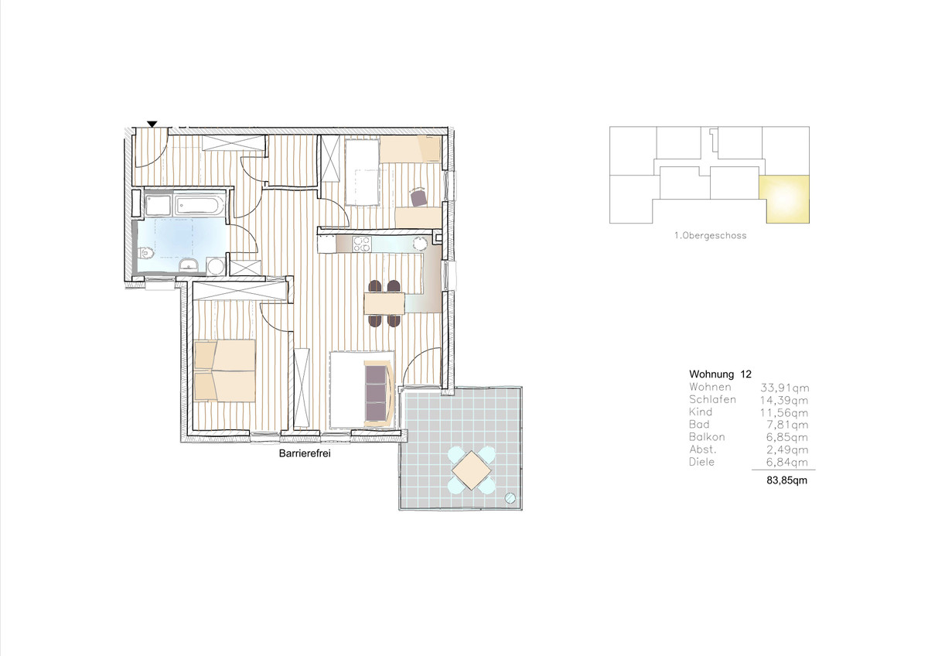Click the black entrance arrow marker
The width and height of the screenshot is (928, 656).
point(152,124)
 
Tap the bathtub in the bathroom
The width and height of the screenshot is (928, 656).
point(200,205)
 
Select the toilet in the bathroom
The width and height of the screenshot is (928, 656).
point(145,252)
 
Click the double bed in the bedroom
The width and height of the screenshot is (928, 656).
point(224,371)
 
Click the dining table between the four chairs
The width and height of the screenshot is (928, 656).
point(384,303)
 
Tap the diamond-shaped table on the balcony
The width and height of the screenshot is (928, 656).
point(472,470)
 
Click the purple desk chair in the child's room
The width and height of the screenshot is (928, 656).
point(419,196)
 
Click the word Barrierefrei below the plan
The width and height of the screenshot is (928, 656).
point(305,454)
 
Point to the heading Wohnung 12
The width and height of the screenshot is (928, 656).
point(720,374)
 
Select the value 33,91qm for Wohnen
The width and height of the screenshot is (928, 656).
point(784,388)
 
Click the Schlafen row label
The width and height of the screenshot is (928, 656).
point(712,399)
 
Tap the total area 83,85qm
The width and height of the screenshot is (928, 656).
point(786,480)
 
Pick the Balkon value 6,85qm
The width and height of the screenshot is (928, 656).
point(787,437)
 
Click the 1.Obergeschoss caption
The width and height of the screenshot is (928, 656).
point(711,235)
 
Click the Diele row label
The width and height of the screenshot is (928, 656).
point(702,462)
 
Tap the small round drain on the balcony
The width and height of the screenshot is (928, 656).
point(510,498)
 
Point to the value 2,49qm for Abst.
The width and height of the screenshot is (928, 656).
point(787,449)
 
